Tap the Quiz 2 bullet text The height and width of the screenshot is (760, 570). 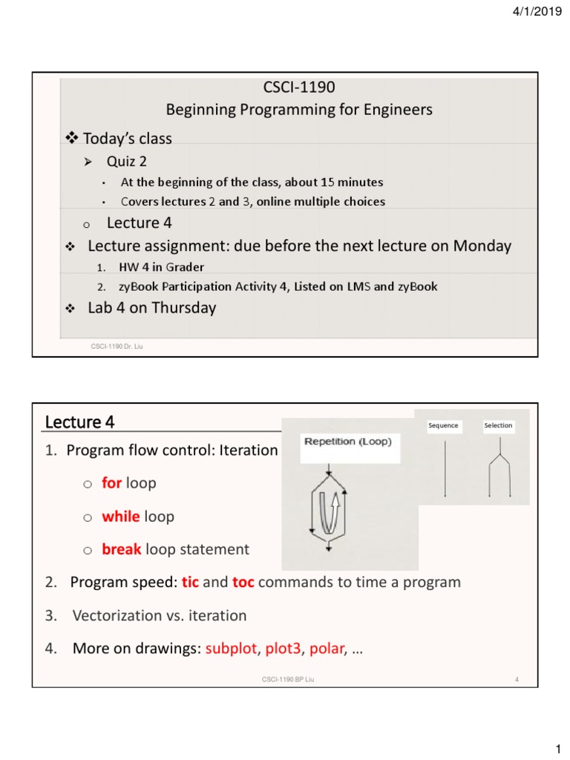coord(127,162)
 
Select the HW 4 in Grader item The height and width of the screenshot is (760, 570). coord(162,267)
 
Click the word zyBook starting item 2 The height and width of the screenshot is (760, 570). coord(140,286)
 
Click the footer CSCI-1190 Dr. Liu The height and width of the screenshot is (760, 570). coord(115,346)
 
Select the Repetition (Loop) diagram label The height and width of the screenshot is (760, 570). coord(348,441)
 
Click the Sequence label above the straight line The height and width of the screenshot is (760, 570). coord(443,425)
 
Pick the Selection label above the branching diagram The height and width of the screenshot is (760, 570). coord(498,425)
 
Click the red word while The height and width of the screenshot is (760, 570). coord(121,517)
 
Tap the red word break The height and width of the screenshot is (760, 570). coord(122,549)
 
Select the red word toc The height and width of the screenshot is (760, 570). coord(243,582)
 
